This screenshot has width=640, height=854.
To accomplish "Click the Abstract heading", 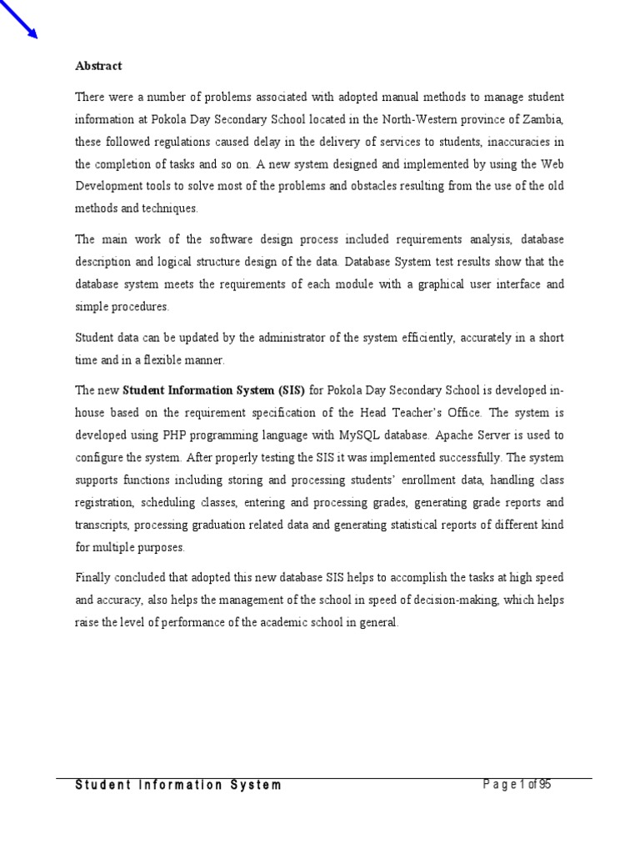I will point(98,66).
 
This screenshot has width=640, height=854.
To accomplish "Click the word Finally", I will point(95,577).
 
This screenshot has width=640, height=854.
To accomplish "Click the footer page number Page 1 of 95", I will point(518,785).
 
